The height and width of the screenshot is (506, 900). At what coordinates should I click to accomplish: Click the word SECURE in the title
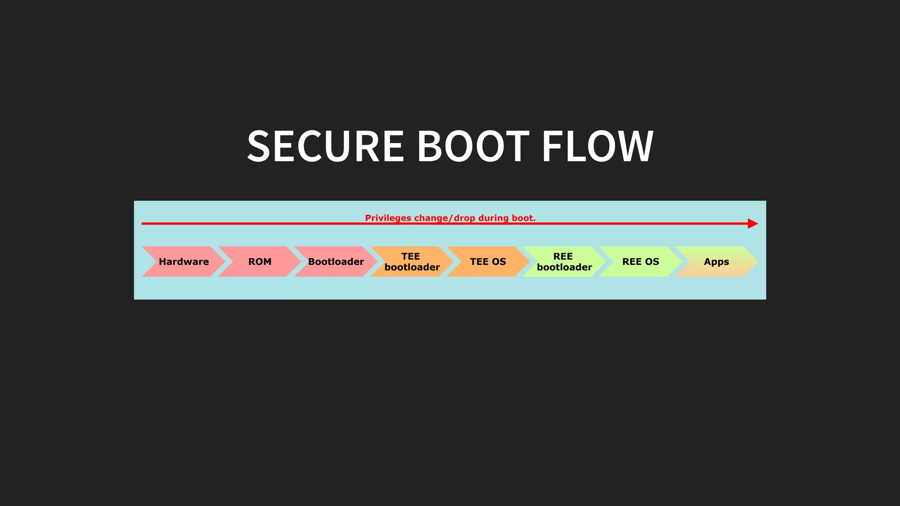(x=325, y=146)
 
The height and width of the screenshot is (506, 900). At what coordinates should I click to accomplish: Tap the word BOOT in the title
(x=473, y=146)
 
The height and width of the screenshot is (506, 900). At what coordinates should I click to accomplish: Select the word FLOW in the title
(x=598, y=146)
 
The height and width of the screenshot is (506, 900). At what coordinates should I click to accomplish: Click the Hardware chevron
(x=184, y=262)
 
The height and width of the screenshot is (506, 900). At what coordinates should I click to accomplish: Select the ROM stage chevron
(x=260, y=262)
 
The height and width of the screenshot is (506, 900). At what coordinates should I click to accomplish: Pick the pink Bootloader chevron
(x=336, y=262)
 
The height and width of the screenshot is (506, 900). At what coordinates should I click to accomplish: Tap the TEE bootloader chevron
(x=412, y=262)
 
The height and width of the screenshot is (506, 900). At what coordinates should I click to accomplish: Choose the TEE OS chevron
(x=488, y=262)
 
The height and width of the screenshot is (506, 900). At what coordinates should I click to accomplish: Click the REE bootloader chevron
(x=564, y=262)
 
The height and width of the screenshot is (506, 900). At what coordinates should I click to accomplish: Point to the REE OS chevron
(x=640, y=262)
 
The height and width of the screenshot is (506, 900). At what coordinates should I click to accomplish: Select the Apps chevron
(x=716, y=262)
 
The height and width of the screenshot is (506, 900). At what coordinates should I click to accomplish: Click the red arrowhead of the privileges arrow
(x=752, y=224)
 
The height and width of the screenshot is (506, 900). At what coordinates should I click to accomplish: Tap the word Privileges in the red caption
(x=388, y=218)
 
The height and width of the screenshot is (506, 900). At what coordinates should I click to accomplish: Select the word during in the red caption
(x=494, y=218)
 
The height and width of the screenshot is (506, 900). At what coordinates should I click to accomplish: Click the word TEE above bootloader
(x=410, y=257)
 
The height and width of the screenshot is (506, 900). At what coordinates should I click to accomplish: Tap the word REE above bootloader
(x=563, y=257)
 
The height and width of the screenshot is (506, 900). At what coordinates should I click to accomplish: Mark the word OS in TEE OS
(x=499, y=262)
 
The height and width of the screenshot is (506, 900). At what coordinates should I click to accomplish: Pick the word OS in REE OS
(x=652, y=262)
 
